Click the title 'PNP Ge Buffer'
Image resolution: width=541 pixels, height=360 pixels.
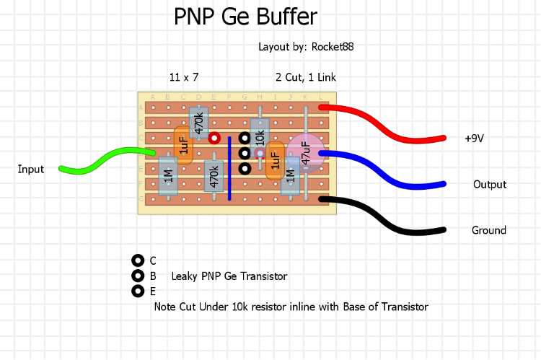coord(245,17)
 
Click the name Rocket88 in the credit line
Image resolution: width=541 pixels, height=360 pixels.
coord(333,47)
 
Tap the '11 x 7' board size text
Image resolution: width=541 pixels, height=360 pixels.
coord(184,77)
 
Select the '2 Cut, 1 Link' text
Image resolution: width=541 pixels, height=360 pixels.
coord(305,77)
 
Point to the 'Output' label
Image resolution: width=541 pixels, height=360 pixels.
coord(490,185)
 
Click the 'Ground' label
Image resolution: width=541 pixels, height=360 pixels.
coord(489,231)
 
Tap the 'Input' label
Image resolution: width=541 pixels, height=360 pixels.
coord(31,170)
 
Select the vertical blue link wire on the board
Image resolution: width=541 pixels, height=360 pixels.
coord(229,167)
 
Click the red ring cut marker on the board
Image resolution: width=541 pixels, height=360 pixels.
coord(214,137)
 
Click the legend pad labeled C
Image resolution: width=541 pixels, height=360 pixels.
coord(138,260)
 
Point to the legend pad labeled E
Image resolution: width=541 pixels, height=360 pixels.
coord(138,291)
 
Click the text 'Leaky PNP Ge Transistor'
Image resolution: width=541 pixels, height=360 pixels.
coord(229,276)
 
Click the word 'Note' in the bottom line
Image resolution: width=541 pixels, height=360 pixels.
coord(165,307)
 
